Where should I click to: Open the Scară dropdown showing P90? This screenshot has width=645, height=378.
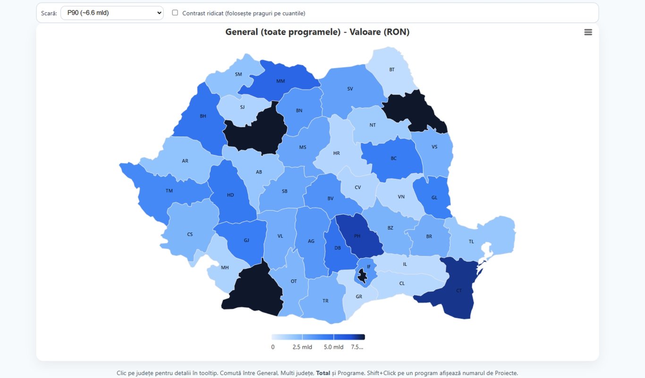click(x=112, y=13)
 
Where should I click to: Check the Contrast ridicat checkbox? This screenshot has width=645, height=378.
click(x=175, y=13)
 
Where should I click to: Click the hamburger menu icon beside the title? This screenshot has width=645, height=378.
click(x=588, y=32)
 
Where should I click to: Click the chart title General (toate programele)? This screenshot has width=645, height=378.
click(x=317, y=32)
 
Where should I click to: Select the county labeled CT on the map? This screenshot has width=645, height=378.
click(x=458, y=291)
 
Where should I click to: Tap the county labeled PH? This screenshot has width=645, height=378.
click(x=357, y=236)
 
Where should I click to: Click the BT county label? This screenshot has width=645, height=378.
click(x=391, y=69)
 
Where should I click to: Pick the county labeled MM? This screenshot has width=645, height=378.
click(x=280, y=81)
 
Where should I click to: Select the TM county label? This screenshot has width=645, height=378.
click(x=169, y=191)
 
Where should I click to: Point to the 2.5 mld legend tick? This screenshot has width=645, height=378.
click(x=302, y=347)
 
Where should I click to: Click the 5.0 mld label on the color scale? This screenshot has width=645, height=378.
click(x=333, y=347)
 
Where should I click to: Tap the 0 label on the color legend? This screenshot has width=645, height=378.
click(x=273, y=347)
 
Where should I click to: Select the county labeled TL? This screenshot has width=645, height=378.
click(x=471, y=241)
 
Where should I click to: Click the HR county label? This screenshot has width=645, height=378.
click(x=336, y=153)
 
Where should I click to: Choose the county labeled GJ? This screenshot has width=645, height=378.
click(x=246, y=240)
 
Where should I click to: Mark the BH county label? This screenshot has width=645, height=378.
click(x=203, y=116)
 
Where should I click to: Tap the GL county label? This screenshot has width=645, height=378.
click(x=434, y=198)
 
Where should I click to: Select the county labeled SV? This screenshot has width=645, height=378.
click(x=350, y=89)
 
